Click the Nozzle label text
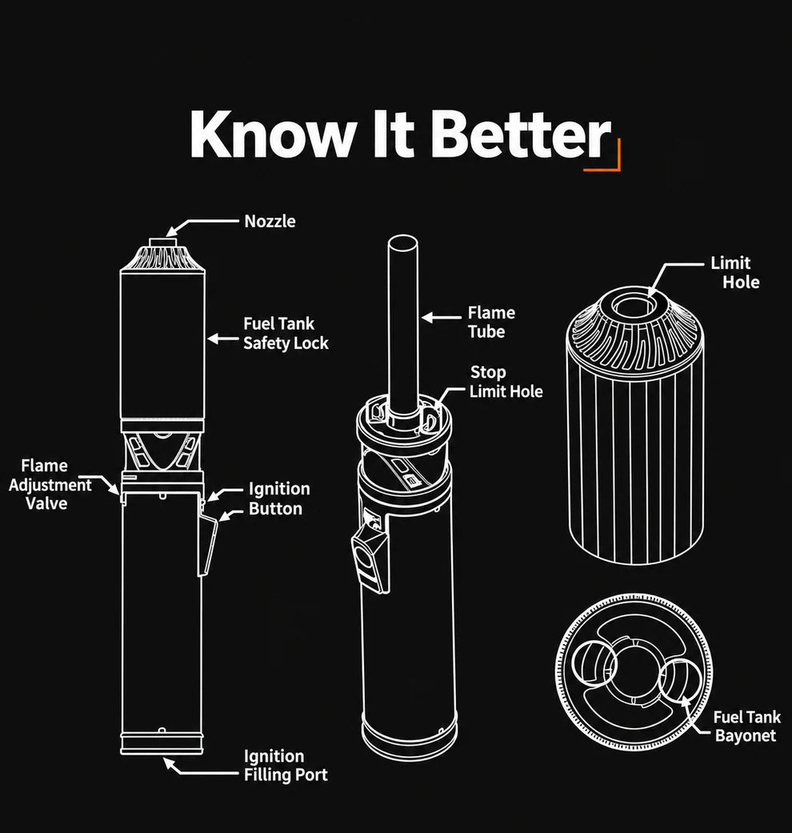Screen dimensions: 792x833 pyautogui.click(x=270, y=221)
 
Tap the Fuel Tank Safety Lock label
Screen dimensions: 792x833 pyautogui.click(x=286, y=334)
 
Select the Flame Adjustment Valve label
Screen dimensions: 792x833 pyautogui.click(x=50, y=484)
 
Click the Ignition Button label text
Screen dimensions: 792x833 pyautogui.click(x=279, y=499)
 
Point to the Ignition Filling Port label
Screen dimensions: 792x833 pyautogui.click(x=286, y=766)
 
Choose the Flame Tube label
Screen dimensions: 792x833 pyautogui.click(x=491, y=322)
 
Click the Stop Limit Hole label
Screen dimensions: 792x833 pyautogui.click(x=506, y=382)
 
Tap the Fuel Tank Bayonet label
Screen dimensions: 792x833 pyautogui.click(x=746, y=727)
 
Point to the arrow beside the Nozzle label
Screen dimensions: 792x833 pyautogui.click(x=202, y=223)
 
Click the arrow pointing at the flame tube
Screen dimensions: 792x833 pyautogui.click(x=442, y=318)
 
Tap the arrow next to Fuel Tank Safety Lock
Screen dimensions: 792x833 pyautogui.click(x=222, y=338)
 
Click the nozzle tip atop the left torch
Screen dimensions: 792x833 pyautogui.click(x=162, y=242)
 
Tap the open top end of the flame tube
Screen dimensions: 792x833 pyautogui.click(x=402, y=244)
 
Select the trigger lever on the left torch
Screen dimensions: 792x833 pyautogui.click(x=208, y=546)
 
